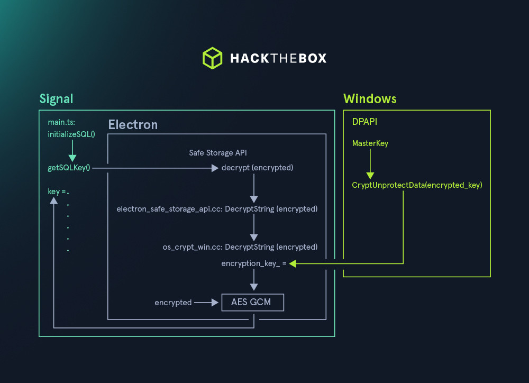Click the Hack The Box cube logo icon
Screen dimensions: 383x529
click(x=212, y=58)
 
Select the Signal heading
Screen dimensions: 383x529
click(x=56, y=99)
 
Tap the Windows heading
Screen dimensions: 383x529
click(x=370, y=99)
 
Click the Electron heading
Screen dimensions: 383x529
click(x=133, y=125)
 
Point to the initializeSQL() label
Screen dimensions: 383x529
click(x=71, y=134)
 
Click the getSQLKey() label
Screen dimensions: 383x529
click(x=69, y=168)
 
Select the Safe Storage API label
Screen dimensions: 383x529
click(x=218, y=153)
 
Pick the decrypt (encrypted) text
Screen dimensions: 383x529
click(x=258, y=168)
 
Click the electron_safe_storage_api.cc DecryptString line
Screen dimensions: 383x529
click(x=217, y=209)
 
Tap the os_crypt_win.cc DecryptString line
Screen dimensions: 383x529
click(x=240, y=247)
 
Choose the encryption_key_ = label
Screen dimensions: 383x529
click(x=253, y=263)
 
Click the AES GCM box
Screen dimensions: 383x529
click(x=253, y=303)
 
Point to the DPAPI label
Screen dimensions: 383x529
click(x=364, y=122)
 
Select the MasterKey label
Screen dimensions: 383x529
click(x=370, y=143)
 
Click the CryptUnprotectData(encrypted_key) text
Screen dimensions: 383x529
click(x=417, y=185)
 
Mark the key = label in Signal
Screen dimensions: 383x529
click(x=57, y=191)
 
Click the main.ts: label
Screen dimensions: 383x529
click(x=62, y=122)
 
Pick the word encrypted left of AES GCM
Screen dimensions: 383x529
click(x=173, y=303)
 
